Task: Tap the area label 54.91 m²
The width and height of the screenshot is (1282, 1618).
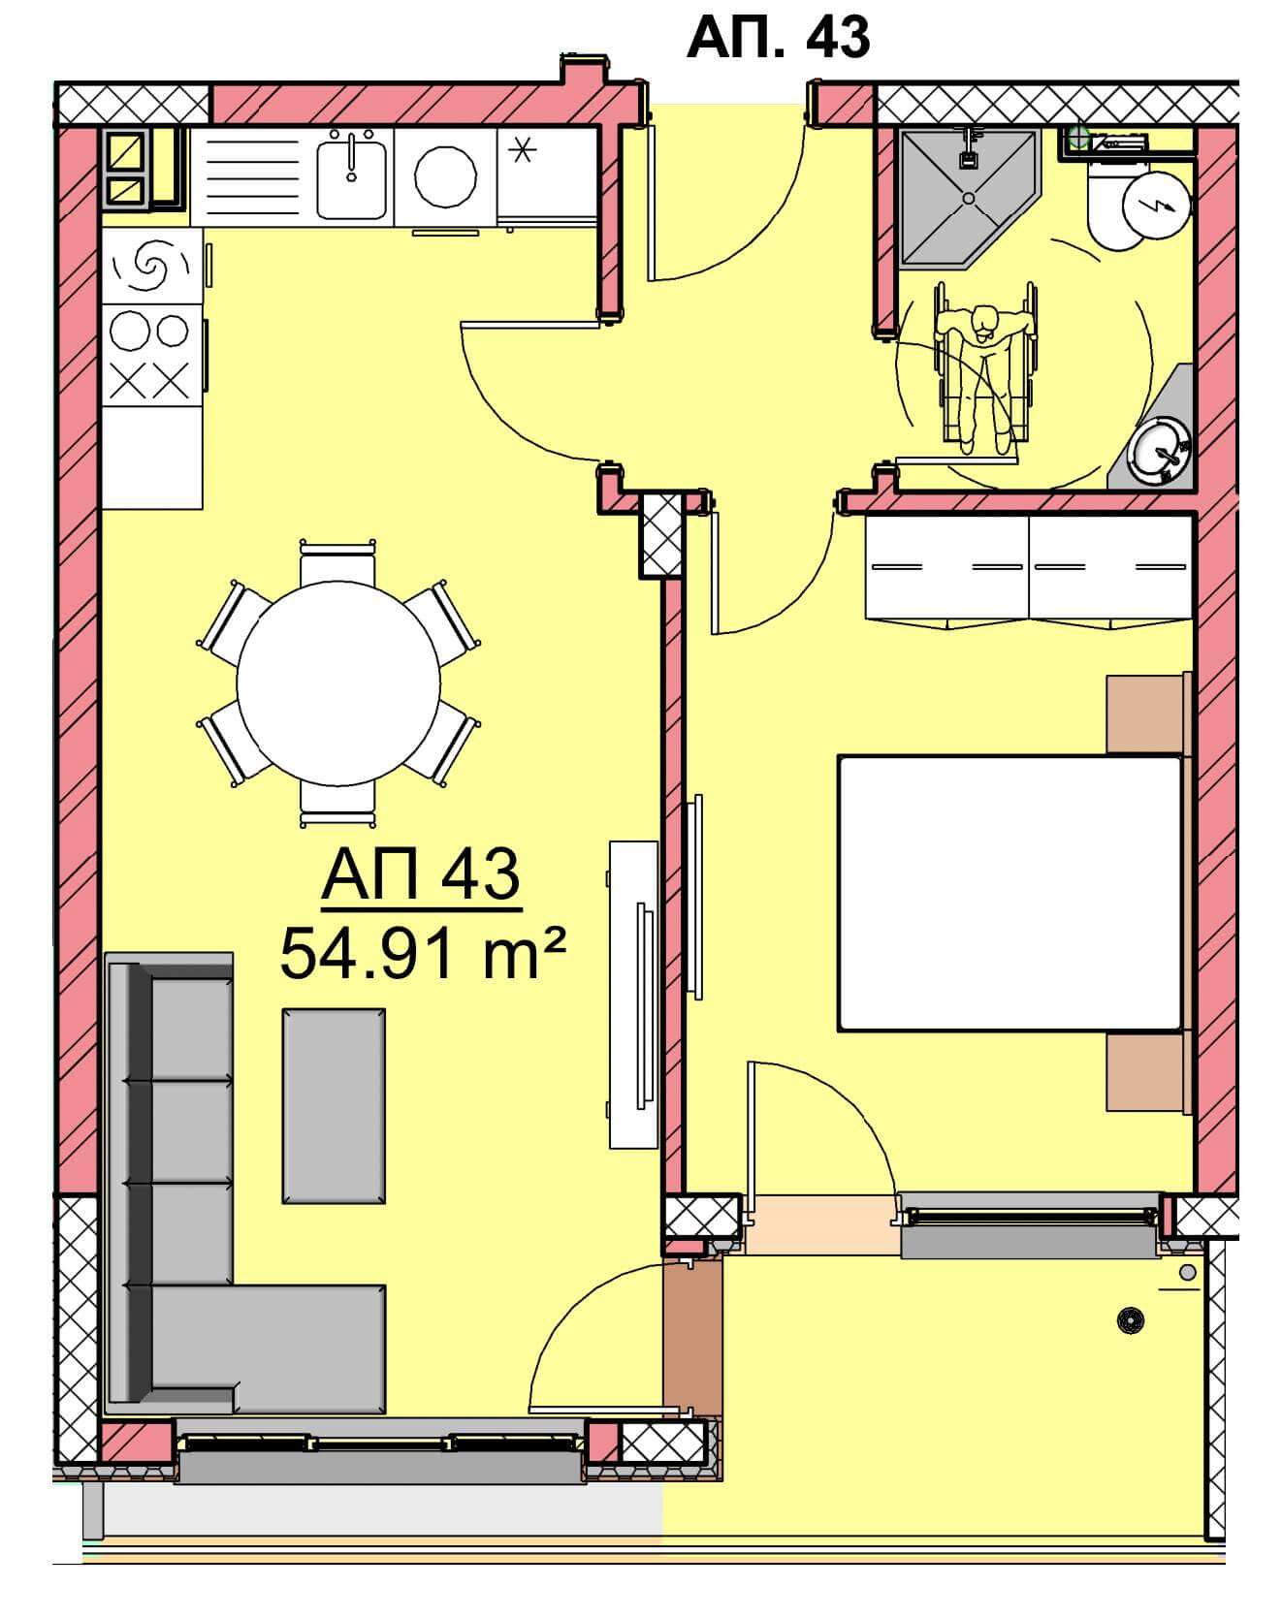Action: pyautogui.click(x=423, y=954)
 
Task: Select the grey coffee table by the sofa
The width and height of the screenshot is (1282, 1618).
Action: pyautogui.click(x=334, y=1105)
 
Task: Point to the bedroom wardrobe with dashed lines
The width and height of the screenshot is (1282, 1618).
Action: pyautogui.click(x=1027, y=567)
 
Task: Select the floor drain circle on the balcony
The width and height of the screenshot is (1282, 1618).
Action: pyautogui.click(x=1128, y=1318)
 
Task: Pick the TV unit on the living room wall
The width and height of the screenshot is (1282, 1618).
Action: pyautogui.click(x=635, y=994)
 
